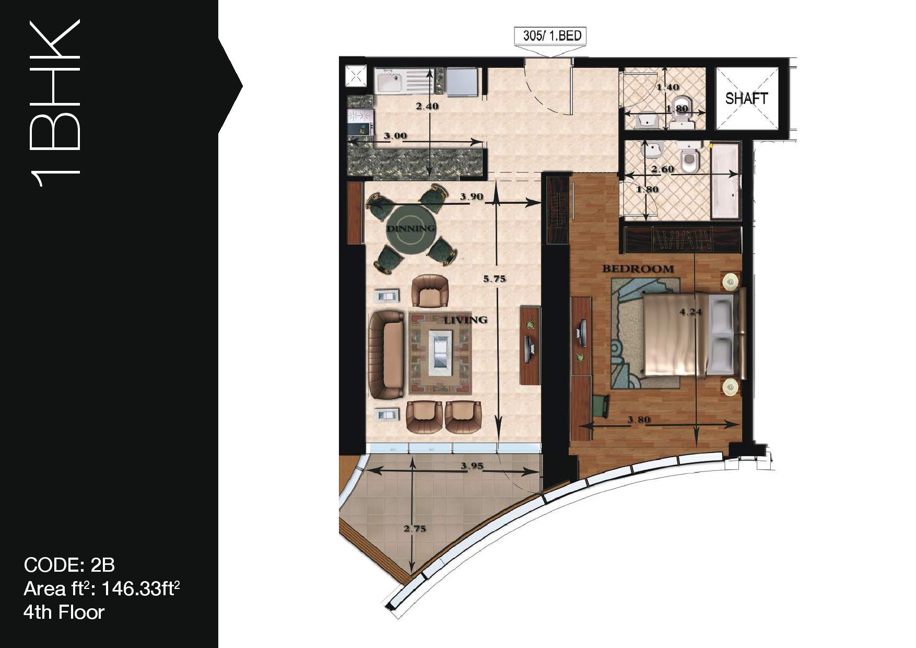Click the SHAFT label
coord(746,98)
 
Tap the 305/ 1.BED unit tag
coord(552,36)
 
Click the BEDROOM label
coord(638,269)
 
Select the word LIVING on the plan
coord(465,319)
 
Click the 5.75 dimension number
coord(494,279)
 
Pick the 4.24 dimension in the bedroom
coord(690,312)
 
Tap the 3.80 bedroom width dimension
coord(639,419)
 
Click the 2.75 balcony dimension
coord(415,528)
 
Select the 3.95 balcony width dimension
coord(472,466)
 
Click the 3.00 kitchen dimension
coord(395,135)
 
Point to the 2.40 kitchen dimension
coord(427,106)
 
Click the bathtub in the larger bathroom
coord(725,181)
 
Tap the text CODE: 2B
coord(69,565)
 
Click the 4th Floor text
coord(64,612)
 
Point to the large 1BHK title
coord(54,103)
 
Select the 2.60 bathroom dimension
coord(662,169)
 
